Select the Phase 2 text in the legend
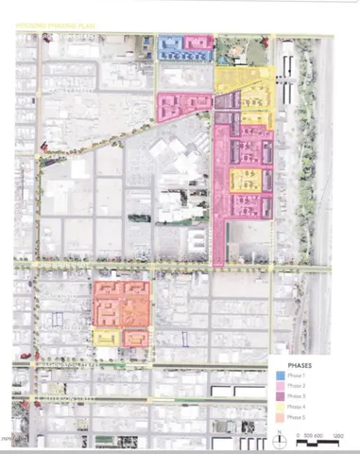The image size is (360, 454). coord(297,386)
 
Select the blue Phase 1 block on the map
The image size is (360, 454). coord(170,48)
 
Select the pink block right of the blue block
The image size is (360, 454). coord(197,47)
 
